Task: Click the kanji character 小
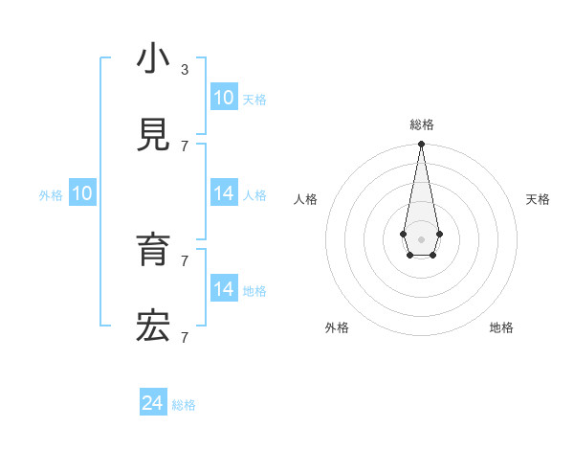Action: point(153,59)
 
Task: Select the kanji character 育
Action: point(153,251)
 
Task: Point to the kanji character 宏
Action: point(153,327)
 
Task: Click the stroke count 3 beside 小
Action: point(185,70)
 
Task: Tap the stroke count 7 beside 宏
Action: point(185,337)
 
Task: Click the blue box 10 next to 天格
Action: point(223,98)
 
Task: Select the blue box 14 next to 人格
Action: point(223,193)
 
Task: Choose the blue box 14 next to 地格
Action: point(223,289)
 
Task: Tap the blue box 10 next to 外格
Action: point(82,193)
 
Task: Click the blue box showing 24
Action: point(152,403)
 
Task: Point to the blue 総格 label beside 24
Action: point(184,405)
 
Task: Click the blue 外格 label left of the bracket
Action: point(51,195)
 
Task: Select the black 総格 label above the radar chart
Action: point(422,124)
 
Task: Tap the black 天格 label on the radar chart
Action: point(538,199)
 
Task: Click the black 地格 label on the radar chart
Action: point(501,327)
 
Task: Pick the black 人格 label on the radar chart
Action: point(306,199)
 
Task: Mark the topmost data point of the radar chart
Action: point(421,145)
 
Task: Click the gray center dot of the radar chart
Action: point(421,238)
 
